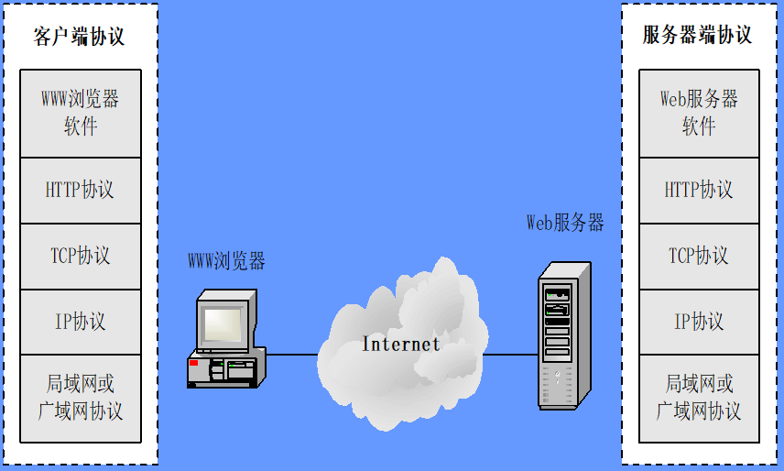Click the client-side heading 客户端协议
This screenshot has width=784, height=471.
tap(79, 37)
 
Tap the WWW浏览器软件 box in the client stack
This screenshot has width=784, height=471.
tap(81, 113)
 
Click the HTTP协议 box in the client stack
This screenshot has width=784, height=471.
tap(81, 190)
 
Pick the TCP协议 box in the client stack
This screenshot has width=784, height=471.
tap(81, 256)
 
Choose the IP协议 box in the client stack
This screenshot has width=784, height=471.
tap(81, 322)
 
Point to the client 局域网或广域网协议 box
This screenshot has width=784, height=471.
tap(81, 398)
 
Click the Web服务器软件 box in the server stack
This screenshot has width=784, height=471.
tap(699, 113)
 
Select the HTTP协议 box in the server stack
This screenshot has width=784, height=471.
tap(699, 190)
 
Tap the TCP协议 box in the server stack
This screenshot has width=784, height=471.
tap(699, 256)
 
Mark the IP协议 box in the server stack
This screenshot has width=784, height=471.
tap(699, 322)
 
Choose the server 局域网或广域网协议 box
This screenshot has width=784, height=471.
tap(699, 398)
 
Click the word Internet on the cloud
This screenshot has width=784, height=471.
tap(401, 345)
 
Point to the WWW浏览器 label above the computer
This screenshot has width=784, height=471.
tap(226, 262)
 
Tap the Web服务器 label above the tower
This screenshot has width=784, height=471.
tap(565, 223)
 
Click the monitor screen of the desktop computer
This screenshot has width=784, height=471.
tap(223, 323)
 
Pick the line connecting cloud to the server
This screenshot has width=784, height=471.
tap(509, 354)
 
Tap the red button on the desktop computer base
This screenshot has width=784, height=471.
tap(193, 364)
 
